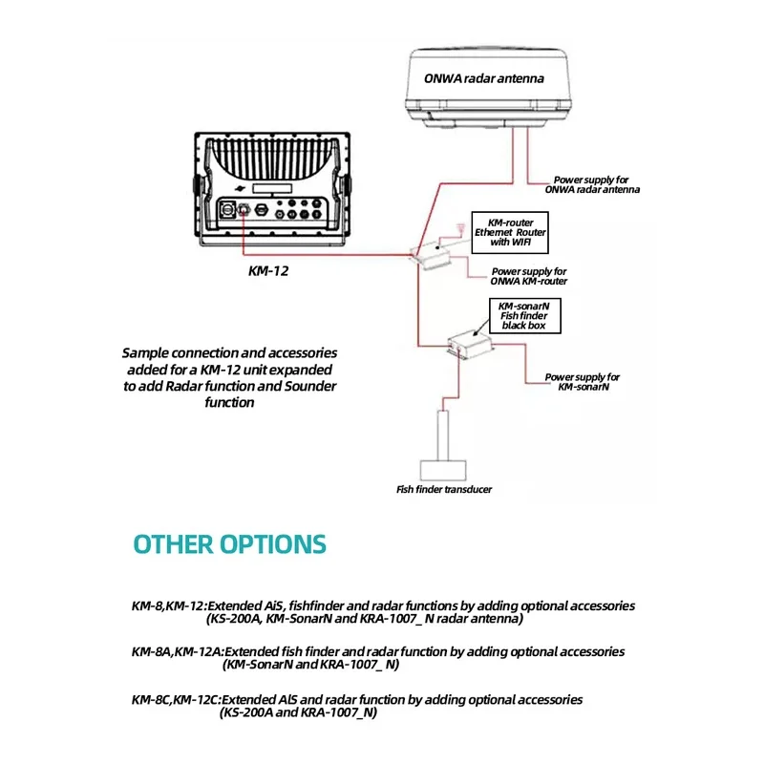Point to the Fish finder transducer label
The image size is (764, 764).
444,489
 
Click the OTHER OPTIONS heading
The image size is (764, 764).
229,544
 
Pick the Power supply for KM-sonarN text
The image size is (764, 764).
583,382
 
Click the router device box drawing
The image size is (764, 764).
435,252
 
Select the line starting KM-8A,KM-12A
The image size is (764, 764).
378,651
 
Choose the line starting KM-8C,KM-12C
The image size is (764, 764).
356,700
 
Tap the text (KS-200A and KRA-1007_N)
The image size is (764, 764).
298,712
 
